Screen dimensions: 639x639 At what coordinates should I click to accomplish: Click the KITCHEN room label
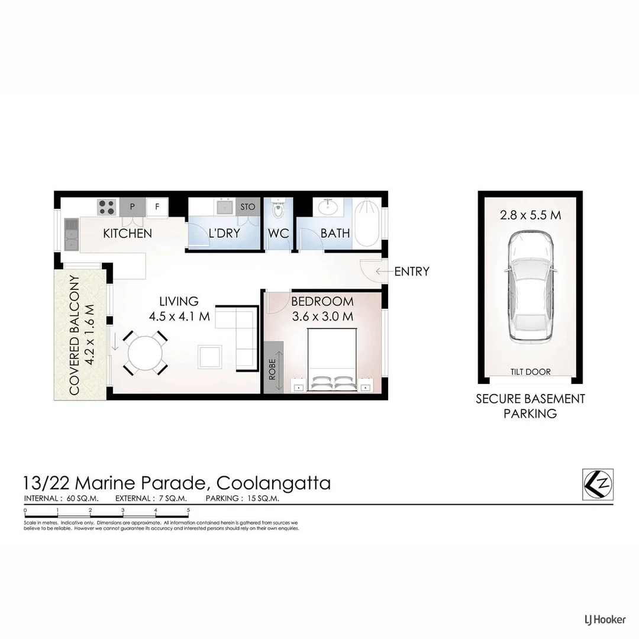pyautogui.click(x=127, y=234)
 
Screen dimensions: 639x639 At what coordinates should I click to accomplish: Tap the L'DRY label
pyautogui.click(x=224, y=234)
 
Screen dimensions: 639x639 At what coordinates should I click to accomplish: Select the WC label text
pyautogui.click(x=279, y=234)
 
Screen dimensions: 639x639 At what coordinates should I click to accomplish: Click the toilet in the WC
pyautogui.click(x=278, y=209)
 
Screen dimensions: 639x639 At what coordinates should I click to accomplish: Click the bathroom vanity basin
pyautogui.click(x=326, y=208)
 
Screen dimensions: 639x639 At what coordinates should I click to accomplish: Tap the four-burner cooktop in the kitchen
pyautogui.click(x=107, y=206)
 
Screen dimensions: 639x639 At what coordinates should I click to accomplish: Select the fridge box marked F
pyautogui.click(x=157, y=206)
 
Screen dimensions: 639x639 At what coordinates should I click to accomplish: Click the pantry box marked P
pyautogui.click(x=132, y=206)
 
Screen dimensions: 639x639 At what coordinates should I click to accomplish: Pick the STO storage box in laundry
pyautogui.click(x=248, y=206)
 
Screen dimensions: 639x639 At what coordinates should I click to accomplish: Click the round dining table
pyautogui.click(x=145, y=354)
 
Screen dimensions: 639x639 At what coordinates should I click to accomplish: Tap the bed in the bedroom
pyautogui.click(x=331, y=359)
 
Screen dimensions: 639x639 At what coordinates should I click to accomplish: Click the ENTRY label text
pyautogui.click(x=412, y=272)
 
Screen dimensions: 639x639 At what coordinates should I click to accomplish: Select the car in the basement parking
pyautogui.click(x=530, y=286)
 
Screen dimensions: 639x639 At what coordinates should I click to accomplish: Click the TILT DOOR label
pyautogui.click(x=530, y=372)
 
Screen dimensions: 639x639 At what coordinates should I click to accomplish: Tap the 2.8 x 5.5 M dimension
pyautogui.click(x=530, y=215)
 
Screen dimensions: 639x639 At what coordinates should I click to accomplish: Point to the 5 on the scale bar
pyautogui.click(x=188, y=510)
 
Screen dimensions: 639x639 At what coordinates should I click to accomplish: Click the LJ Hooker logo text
pyautogui.click(x=601, y=619)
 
